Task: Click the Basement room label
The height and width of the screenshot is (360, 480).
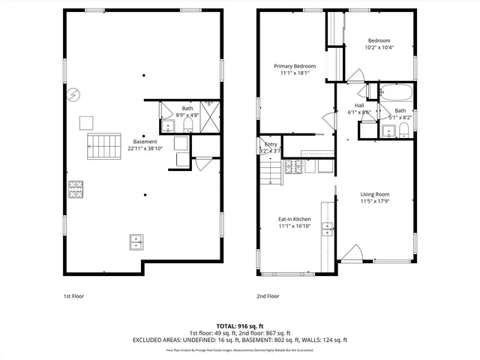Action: click(x=145, y=142)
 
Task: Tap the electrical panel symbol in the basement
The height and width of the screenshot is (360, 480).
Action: click(x=73, y=95)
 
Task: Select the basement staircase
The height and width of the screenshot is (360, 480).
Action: click(x=103, y=146)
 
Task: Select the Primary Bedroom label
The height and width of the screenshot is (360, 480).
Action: click(x=294, y=66)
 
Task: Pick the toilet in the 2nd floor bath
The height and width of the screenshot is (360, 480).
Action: click(x=403, y=132)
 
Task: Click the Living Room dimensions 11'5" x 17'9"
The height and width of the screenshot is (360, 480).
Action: click(x=376, y=202)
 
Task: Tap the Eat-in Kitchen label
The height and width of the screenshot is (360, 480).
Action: click(x=294, y=219)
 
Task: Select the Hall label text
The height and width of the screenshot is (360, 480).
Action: click(x=359, y=106)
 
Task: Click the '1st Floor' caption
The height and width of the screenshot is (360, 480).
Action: click(x=73, y=296)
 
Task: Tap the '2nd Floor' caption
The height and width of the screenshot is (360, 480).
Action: click(x=268, y=296)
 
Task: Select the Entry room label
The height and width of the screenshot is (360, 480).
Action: click(x=269, y=144)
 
